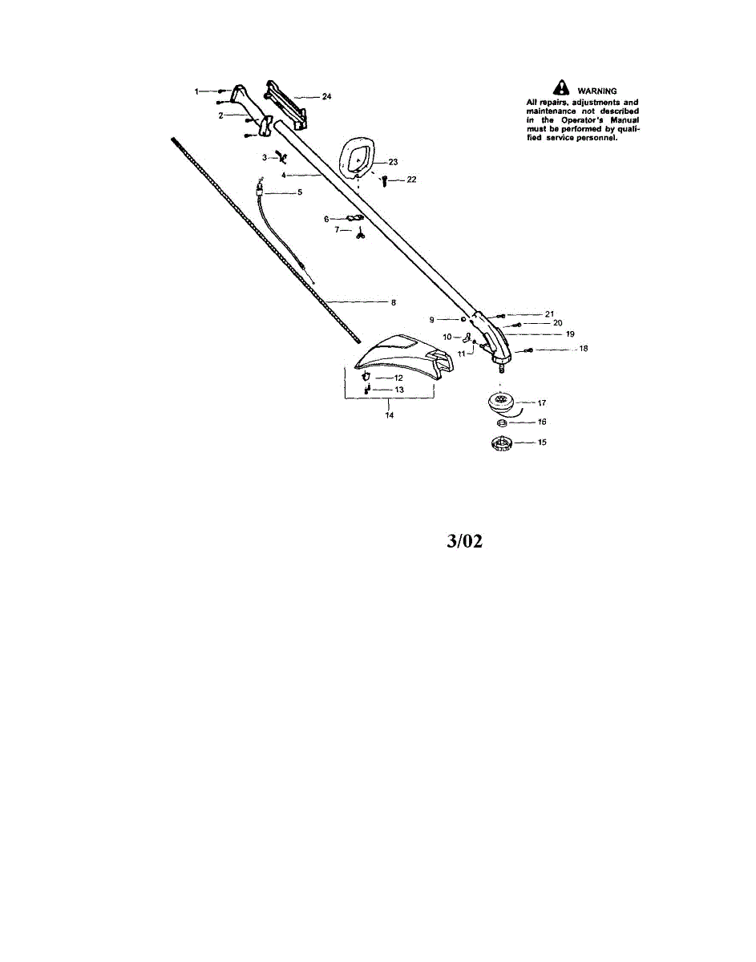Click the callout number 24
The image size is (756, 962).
[326, 96]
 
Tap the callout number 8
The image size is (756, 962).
[393, 303]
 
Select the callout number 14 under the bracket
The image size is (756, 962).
[390, 415]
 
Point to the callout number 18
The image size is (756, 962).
[584, 349]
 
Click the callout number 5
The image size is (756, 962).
[300, 192]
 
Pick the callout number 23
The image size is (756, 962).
[393, 162]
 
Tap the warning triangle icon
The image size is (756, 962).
[561, 87]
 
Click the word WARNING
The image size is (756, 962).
[597, 91]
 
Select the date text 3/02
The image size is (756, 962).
[464, 541]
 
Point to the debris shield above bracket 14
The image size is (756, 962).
[404, 357]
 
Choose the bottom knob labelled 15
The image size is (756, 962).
[500, 443]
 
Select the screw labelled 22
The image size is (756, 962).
[384, 180]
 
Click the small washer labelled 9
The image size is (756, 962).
[463, 319]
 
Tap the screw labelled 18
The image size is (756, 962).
[528, 350]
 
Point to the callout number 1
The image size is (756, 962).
[196, 91]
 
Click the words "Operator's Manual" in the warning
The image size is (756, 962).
[600, 120]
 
